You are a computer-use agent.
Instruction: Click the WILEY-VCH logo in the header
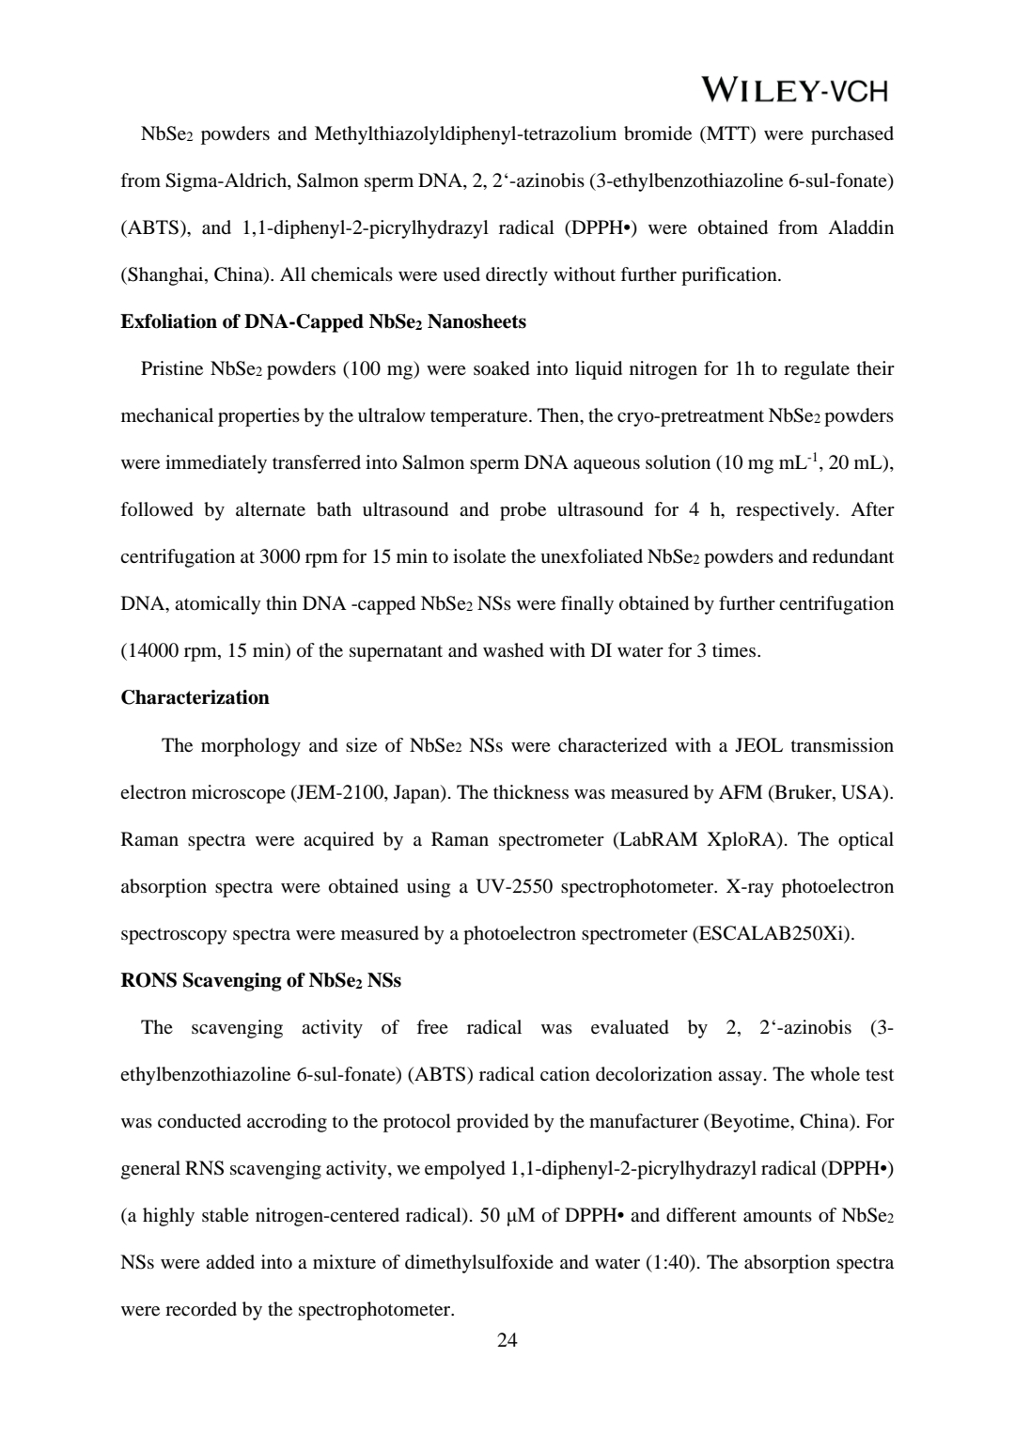coord(794,90)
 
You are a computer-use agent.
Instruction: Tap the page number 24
coord(507,1339)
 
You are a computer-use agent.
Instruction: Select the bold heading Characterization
coord(195,697)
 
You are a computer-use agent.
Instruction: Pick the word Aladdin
coord(861,227)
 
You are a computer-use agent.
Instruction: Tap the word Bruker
coord(801,792)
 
